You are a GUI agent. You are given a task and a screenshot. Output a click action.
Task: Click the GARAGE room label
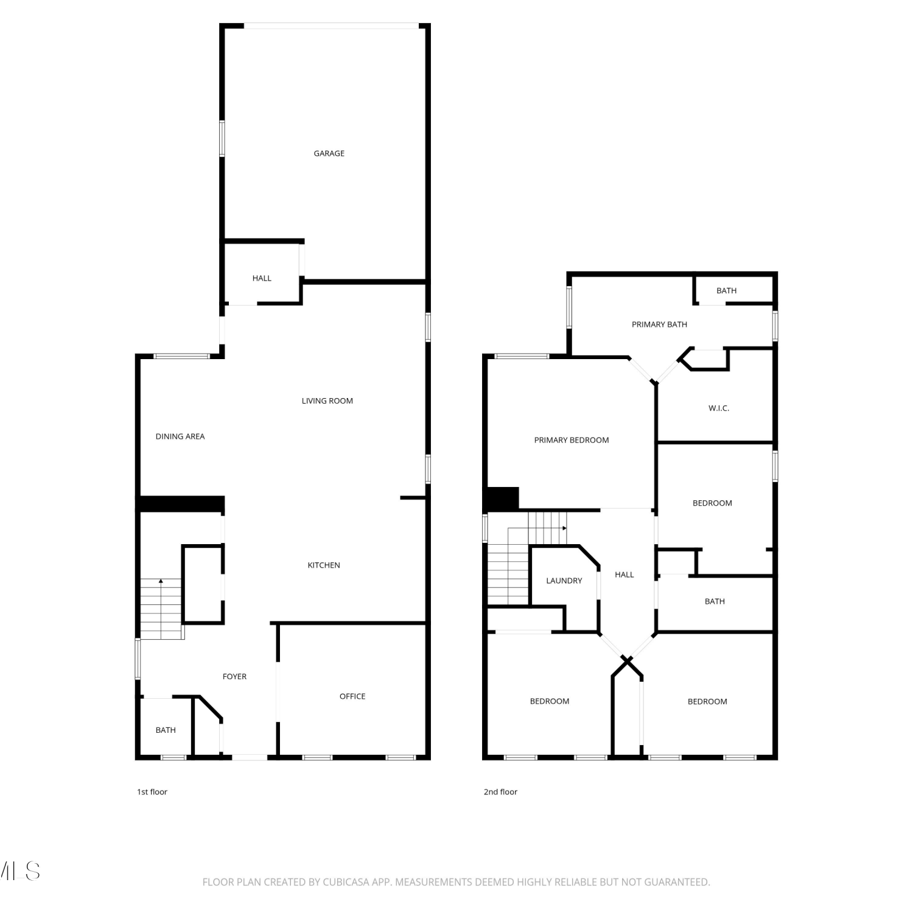[329, 153]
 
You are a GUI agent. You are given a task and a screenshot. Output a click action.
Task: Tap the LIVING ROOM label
[327, 401]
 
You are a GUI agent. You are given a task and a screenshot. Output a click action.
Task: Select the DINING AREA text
[180, 436]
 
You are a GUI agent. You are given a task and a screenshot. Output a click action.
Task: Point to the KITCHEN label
[324, 565]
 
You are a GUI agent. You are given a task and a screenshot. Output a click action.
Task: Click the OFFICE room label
[352, 696]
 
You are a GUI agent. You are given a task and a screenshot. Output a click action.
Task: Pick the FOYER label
[234, 676]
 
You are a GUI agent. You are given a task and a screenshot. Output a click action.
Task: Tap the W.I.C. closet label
[719, 408]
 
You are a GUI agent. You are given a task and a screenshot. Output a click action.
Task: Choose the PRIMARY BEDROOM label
[572, 440]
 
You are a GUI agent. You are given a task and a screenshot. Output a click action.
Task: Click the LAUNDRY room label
[564, 581]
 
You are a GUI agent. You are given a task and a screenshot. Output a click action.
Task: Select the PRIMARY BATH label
[659, 324]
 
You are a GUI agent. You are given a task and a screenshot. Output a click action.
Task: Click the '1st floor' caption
[152, 792]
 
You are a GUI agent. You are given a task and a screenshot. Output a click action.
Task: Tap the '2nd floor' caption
[500, 792]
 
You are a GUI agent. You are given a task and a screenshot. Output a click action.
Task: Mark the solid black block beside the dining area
[181, 504]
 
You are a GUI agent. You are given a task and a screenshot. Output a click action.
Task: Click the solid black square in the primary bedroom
[502, 498]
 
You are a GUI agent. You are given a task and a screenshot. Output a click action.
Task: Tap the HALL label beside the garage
[262, 278]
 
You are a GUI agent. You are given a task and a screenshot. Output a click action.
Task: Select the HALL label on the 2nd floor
[624, 575]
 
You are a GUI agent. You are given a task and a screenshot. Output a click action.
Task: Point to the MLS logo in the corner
[19, 871]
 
